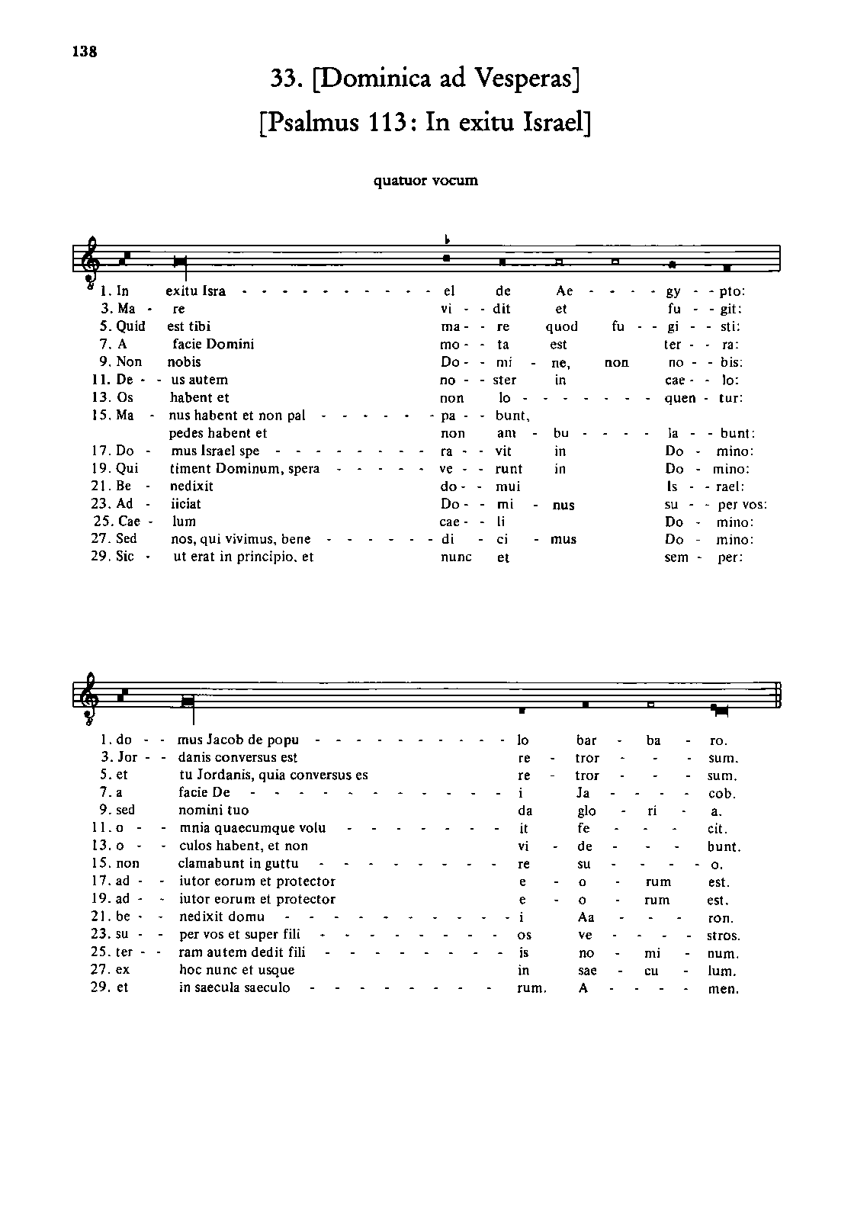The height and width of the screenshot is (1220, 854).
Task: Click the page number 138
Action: pos(85,52)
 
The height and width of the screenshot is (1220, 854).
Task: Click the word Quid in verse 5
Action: pos(131,326)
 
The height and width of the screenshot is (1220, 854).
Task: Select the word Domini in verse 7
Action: pos(230,344)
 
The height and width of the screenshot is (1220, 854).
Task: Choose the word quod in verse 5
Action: pos(562,326)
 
